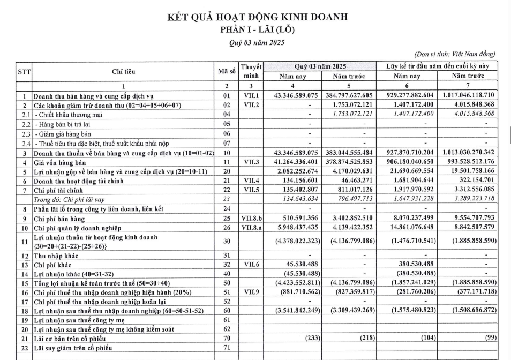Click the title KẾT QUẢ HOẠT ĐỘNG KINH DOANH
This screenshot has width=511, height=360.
point(258,17)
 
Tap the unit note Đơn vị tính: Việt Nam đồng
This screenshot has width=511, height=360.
point(455,54)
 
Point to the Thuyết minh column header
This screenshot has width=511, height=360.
point(251,71)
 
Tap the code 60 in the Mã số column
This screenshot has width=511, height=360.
point(227,311)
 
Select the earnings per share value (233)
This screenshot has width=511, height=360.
point(310,339)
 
